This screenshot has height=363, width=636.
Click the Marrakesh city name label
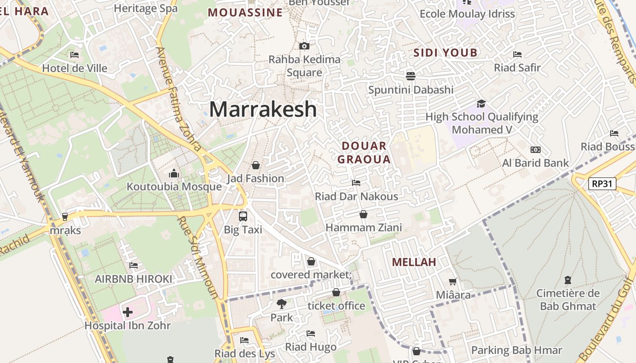263,109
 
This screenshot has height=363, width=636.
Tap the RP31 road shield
602,184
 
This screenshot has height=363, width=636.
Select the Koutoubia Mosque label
174,186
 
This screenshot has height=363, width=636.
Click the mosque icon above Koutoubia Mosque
174,173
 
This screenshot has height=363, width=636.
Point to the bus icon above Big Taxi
243,216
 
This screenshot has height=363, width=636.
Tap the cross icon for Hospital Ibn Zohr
128,312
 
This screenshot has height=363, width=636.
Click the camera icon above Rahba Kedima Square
304,46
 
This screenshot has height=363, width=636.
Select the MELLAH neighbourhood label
414,262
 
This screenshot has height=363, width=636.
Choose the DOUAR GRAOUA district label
364,152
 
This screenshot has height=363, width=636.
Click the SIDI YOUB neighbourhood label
445,53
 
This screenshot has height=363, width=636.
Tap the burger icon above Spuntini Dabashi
411,75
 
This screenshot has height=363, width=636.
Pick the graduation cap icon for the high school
481,103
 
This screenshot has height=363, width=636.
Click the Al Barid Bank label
536,163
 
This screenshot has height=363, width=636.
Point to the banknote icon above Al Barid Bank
536,150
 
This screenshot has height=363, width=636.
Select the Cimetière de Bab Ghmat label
568,299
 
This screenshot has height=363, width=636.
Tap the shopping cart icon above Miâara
453,281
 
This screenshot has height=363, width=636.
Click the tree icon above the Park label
282,304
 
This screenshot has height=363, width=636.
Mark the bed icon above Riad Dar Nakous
356,183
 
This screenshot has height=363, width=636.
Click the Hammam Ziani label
364,227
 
